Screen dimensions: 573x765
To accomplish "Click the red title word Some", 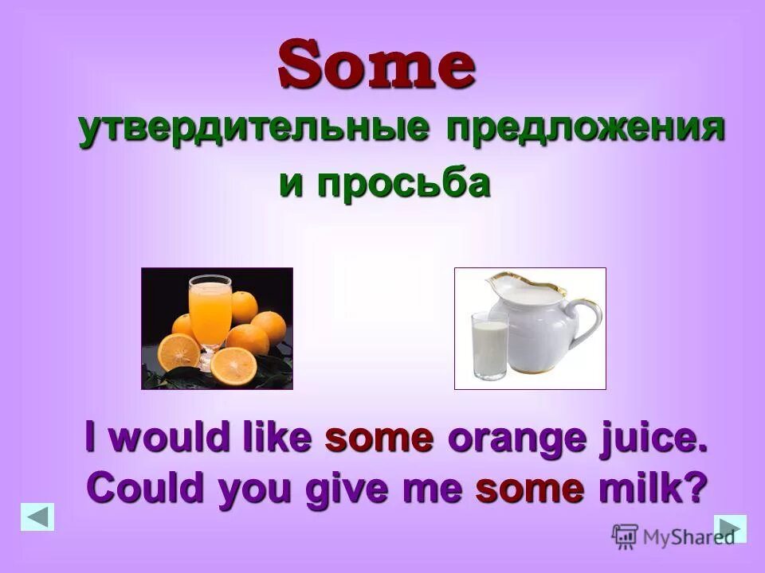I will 377,65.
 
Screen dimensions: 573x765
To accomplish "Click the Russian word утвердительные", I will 257,130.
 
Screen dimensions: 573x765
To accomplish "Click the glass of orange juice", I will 210,306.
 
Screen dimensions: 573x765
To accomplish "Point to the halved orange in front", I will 234,364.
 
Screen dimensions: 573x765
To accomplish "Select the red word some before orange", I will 379,439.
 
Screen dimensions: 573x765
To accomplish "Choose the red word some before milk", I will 530,487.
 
